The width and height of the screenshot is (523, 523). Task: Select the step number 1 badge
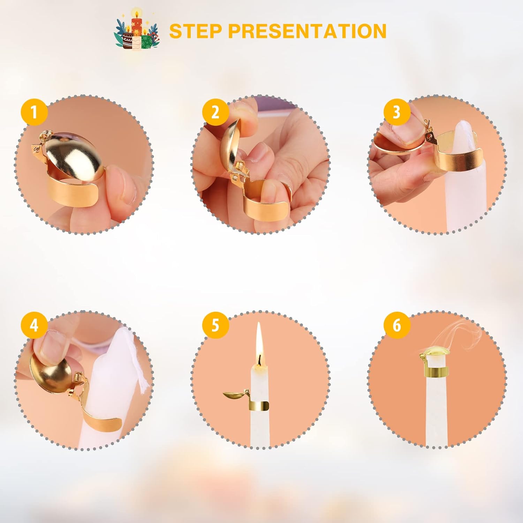click(x=34, y=112)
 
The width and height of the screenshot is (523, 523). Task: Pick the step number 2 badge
click(x=215, y=112)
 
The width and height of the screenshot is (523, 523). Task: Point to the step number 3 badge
click(x=397, y=112)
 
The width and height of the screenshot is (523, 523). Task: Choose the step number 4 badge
click(x=34, y=325)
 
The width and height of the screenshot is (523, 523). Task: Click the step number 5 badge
click(x=215, y=325)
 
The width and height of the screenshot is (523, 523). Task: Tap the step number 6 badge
click(x=397, y=325)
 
